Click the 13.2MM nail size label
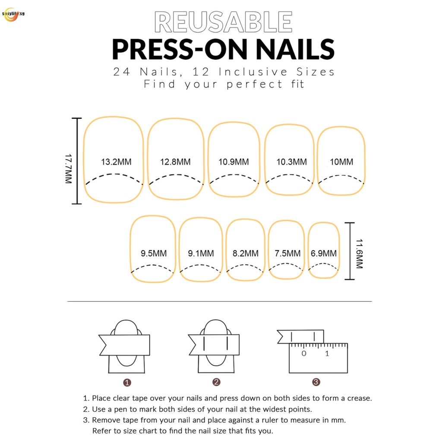click(x=116, y=162)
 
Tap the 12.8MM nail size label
click(x=175, y=162)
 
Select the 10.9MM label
click(x=234, y=162)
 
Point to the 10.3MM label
click(x=291, y=162)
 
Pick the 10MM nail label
click(x=341, y=162)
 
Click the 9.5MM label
click(x=154, y=253)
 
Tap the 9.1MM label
click(x=201, y=253)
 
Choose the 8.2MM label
click(x=246, y=253)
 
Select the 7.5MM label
click(x=287, y=253)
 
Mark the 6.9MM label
click(x=324, y=253)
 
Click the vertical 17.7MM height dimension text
click(x=69, y=169)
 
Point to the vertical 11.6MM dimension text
click(x=359, y=254)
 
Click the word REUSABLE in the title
click(x=223, y=22)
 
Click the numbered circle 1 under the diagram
click(x=127, y=382)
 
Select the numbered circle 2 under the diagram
click(x=216, y=382)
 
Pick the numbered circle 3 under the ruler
click(x=316, y=382)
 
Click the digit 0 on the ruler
click(x=303, y=354)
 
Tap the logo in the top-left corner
click(x=13, y=15)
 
